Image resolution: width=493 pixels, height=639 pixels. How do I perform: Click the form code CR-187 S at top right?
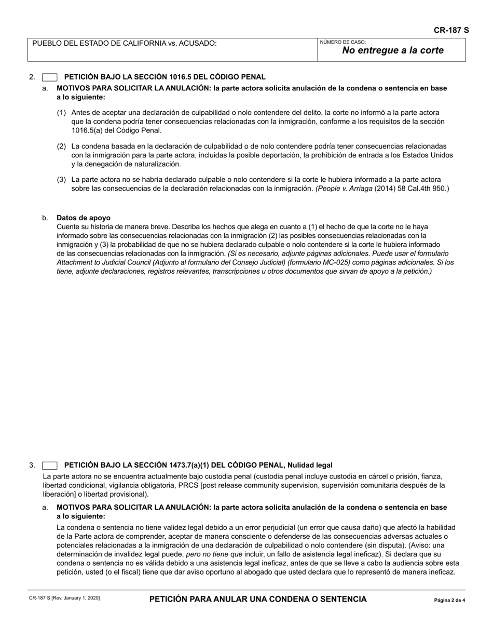[451, 30]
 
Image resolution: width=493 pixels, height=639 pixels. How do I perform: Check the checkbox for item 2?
[49, 77]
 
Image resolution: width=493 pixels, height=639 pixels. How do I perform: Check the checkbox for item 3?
[49, 465]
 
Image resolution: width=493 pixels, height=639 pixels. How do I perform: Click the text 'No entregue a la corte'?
[393, 51]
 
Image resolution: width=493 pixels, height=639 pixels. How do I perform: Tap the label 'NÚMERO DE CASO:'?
[343, 42]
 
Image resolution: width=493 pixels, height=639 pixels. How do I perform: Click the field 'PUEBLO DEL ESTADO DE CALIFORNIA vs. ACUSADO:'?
[125, 43]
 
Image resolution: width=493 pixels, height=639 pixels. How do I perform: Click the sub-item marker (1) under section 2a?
[61, 112]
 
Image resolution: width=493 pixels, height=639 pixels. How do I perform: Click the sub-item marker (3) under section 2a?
[61, 180]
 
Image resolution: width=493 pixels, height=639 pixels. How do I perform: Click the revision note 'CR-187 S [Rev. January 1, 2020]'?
[64, 598]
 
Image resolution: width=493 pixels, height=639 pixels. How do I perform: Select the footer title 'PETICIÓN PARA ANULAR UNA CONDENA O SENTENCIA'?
[258, 599]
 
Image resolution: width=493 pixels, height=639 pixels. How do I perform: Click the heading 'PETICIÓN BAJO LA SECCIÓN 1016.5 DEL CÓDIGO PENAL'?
[165, 77]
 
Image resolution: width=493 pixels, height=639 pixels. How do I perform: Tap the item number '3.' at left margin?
[32, 465]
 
